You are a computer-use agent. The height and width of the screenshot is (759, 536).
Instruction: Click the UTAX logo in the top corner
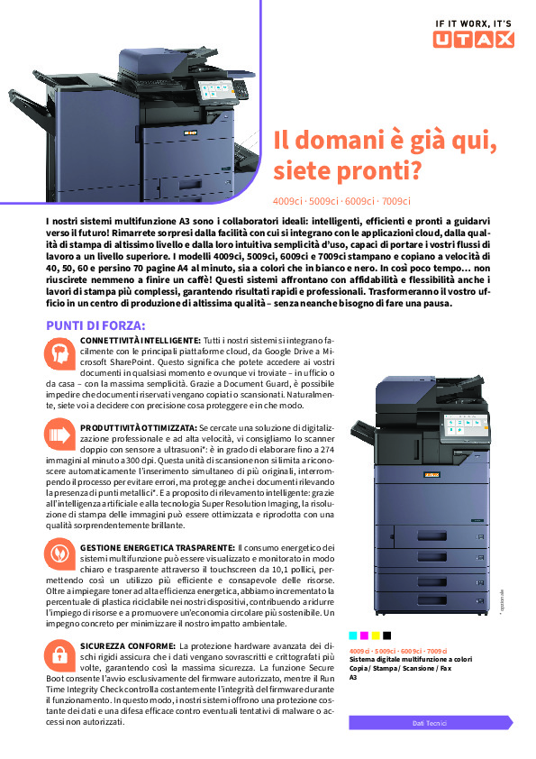[x=473, y=39]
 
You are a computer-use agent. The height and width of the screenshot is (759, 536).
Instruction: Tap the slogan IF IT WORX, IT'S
[x=473, y=23]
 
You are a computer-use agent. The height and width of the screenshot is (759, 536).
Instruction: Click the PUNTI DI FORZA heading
[x=95, y=325]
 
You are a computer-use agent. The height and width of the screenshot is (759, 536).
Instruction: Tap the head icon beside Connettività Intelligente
[x=60, y=353]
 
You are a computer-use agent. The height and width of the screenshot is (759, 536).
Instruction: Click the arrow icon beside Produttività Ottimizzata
[x=60, y=434]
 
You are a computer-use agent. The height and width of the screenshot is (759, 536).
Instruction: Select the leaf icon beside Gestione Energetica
[x=60, y=553]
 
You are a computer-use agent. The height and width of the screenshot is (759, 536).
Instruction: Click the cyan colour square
[x=352, y=636]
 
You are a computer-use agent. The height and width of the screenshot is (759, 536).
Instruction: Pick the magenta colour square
[x=364, y=636]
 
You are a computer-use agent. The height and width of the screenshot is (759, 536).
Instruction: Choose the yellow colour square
[x=376, y=636]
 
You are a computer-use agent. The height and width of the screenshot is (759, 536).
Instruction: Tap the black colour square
[x=387, y=636]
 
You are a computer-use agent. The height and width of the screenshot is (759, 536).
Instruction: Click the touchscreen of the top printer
[x=216, y=91]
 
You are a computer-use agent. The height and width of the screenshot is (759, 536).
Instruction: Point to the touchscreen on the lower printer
[x=463, y=426]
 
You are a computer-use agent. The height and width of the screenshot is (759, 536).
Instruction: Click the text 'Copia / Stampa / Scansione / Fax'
[x=400, y=668]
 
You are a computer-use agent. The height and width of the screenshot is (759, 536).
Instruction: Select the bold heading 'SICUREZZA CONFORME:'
[x=128, y=645]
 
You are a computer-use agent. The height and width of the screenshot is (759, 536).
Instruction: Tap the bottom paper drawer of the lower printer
[x=432, y=600]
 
